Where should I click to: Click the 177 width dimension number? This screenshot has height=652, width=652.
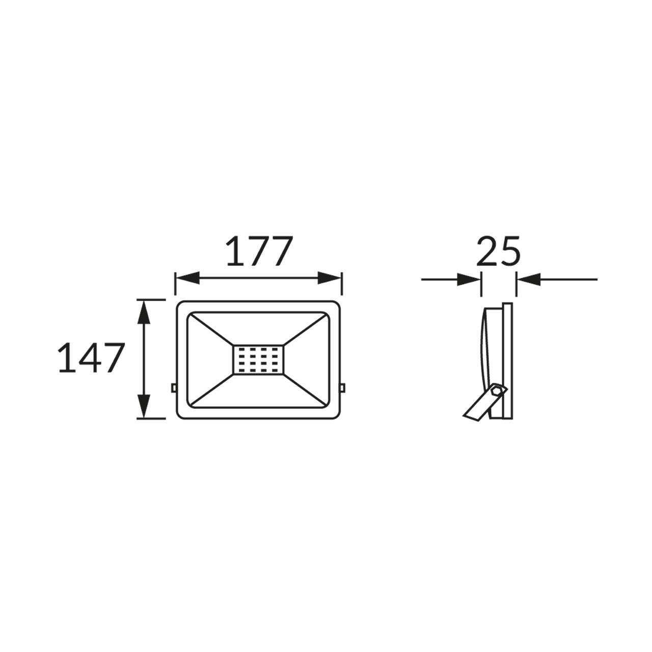click(x=259, y=251)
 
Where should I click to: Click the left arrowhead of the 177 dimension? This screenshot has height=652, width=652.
click(x=187, y=278)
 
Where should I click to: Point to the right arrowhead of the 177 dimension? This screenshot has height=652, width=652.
click(x=330, y=278)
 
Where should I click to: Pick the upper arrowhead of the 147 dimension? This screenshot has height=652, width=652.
click(x=144, y=312)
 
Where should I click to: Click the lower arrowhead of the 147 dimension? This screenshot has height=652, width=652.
click(x=144, y=406)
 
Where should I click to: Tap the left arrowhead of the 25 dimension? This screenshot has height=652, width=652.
click(x=469, y=280)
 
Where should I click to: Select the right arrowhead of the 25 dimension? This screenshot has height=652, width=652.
click(x=529, y=280)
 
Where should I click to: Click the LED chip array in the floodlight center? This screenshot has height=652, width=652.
click(x=258, y=360)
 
